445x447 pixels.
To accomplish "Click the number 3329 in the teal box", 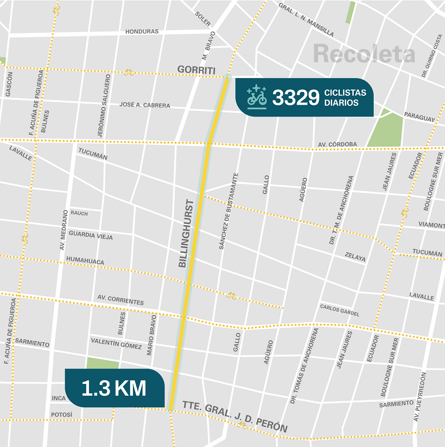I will (x=295, y=98).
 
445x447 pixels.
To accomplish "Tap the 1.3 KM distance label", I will (x=114, y=388).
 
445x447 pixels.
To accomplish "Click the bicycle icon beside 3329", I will (x=257, y=96).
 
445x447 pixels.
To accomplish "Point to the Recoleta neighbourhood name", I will (x=364, y=54).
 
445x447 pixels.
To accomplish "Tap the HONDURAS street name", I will (x=142, y=32).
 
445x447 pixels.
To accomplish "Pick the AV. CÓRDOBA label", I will (x=338, y=144).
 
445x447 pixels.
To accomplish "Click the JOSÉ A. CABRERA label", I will (x=145, y=105).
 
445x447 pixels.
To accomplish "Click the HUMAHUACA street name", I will (x=85, y=260).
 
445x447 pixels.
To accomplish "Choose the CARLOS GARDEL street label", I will (x=339, y=310).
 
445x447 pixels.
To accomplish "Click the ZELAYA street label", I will (x=355, y=258).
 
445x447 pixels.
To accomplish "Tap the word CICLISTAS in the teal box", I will (x=346, y=93).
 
